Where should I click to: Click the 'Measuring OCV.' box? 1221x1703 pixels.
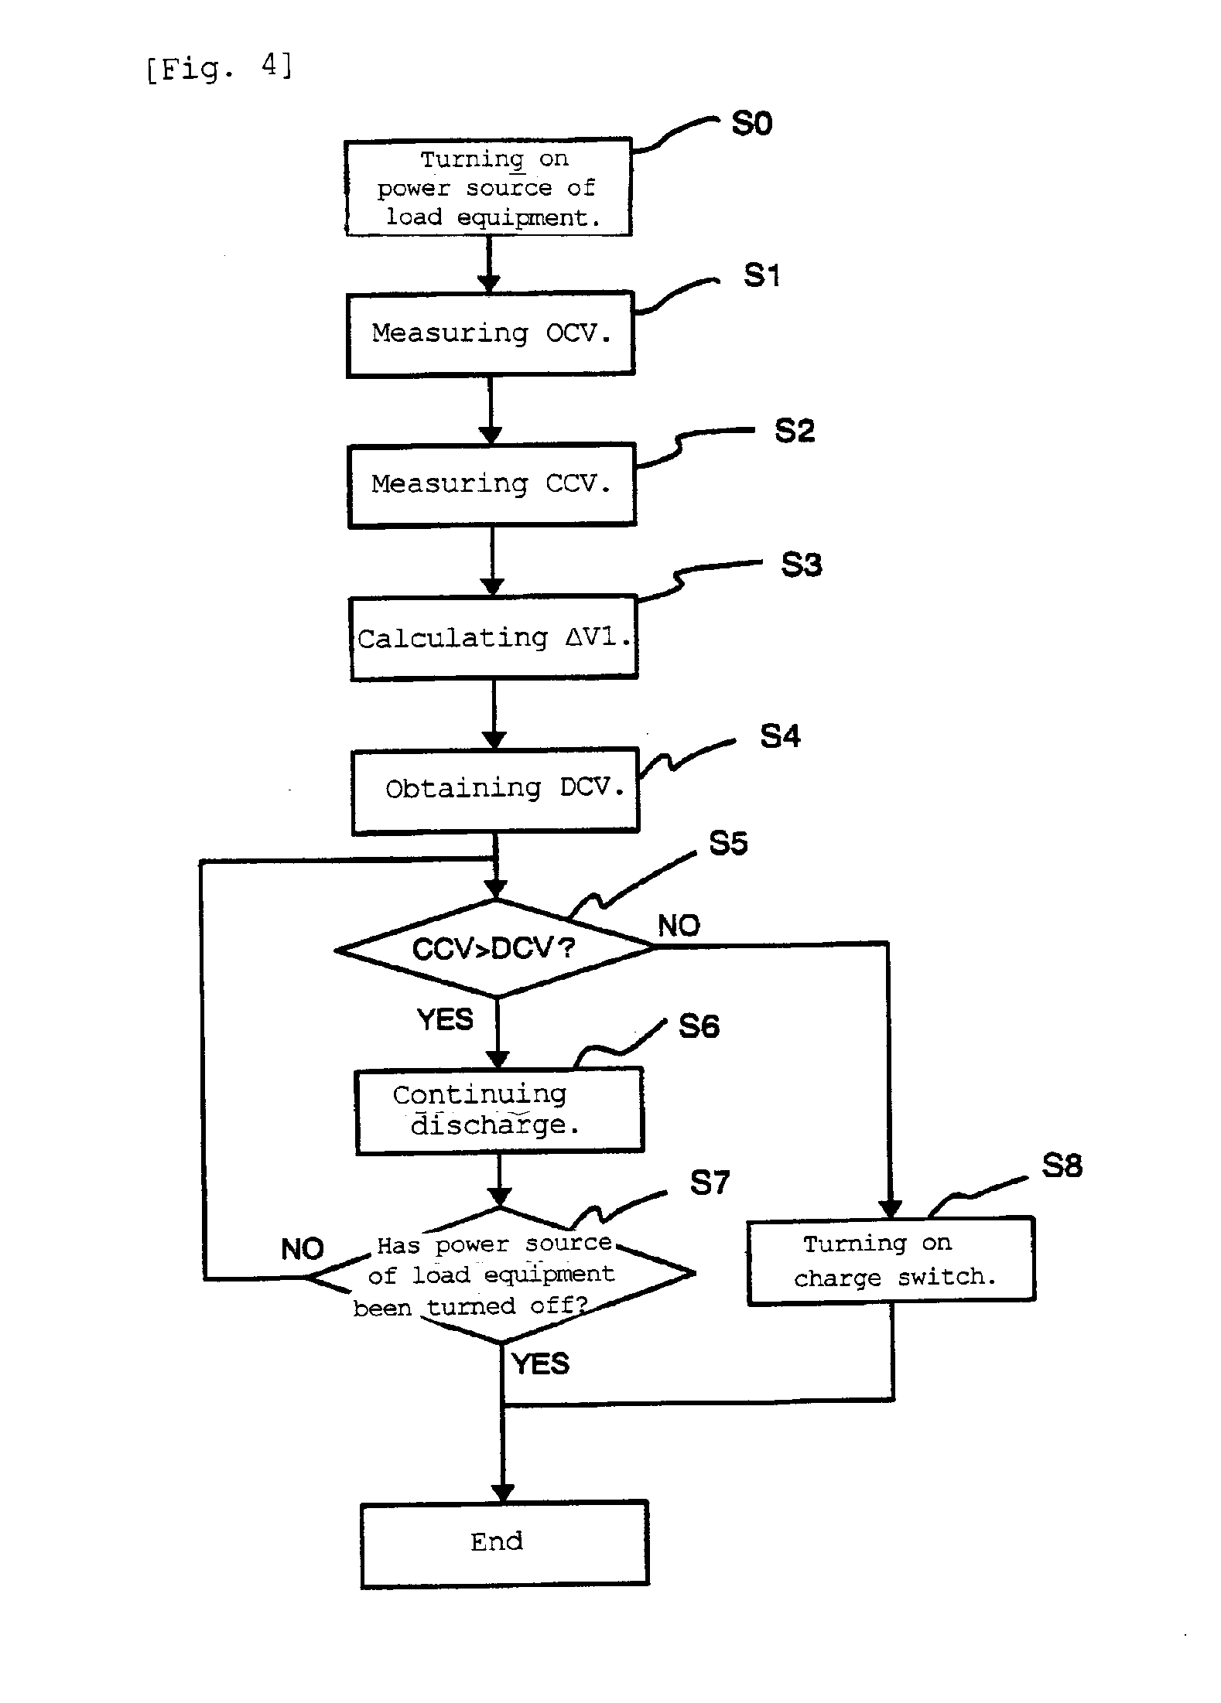tap(491, 334)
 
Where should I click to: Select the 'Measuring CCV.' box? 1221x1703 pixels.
tap(492, 485)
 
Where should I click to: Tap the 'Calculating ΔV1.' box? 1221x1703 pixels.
tap(494, 638)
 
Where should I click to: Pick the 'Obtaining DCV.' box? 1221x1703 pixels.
tap(495, 790)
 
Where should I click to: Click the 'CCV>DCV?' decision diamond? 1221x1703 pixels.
tap(495, 947)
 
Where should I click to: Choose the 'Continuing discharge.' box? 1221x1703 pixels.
tap(499, 1111)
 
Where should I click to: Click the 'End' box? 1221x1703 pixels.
tap(504, 1543)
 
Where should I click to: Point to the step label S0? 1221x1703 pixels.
tap(752, 124)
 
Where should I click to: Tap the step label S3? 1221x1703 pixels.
tap(801, 565)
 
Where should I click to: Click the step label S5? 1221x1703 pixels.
tap(728, 843)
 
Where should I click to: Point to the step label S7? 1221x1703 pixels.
tap(710, 1183)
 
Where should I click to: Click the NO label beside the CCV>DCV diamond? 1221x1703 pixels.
tap(679, 926)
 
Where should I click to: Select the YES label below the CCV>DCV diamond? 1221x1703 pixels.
tap(445, 1019)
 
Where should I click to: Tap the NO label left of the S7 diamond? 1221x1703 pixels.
tap(302, 1249)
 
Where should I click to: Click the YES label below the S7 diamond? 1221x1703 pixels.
tap(541, 1363)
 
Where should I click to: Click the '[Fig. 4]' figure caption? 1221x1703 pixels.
tap(220, 67)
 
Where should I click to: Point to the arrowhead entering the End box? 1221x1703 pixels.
tap(503, 1492)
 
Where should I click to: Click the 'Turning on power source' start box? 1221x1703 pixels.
tap(488, 188)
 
